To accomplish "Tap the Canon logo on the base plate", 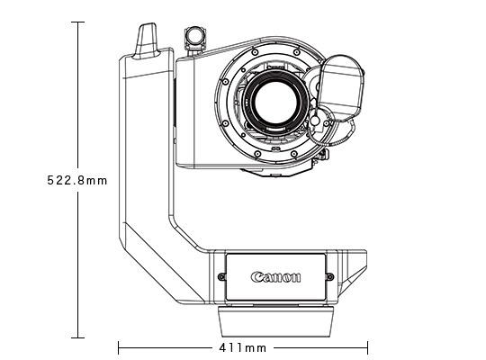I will (276, 276).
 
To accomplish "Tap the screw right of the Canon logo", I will (329, 276).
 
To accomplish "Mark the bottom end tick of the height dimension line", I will (78, 338).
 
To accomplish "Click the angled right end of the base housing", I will (356, 270).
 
